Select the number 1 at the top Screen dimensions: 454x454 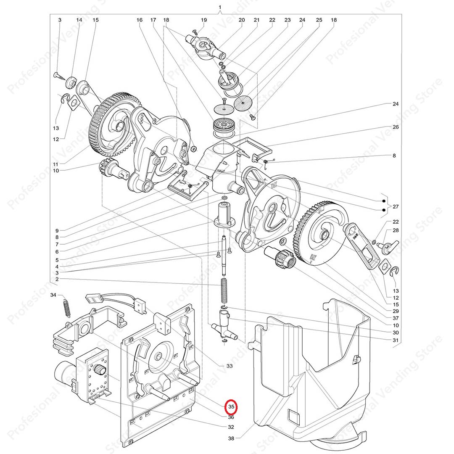tap(220, 8)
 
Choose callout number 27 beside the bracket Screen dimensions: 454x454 tap(395, 206)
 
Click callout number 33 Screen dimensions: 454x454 tap(230, 366)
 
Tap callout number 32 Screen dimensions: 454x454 tap(231, 427)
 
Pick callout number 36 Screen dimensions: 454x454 tap(231, 417)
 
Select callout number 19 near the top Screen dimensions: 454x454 tap(204, 20)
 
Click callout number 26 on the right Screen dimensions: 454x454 tap(395, 127)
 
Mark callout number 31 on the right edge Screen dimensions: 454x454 tap(395, 340)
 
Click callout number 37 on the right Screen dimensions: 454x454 tap(395, 318)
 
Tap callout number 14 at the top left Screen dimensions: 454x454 tap(79, 20)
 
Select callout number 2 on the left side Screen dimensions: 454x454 tap(57, 279)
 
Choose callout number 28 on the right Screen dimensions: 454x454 tap(395, 230)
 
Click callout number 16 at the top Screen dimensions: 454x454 tap(140, 20)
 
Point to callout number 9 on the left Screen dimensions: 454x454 tap(57, 230)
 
